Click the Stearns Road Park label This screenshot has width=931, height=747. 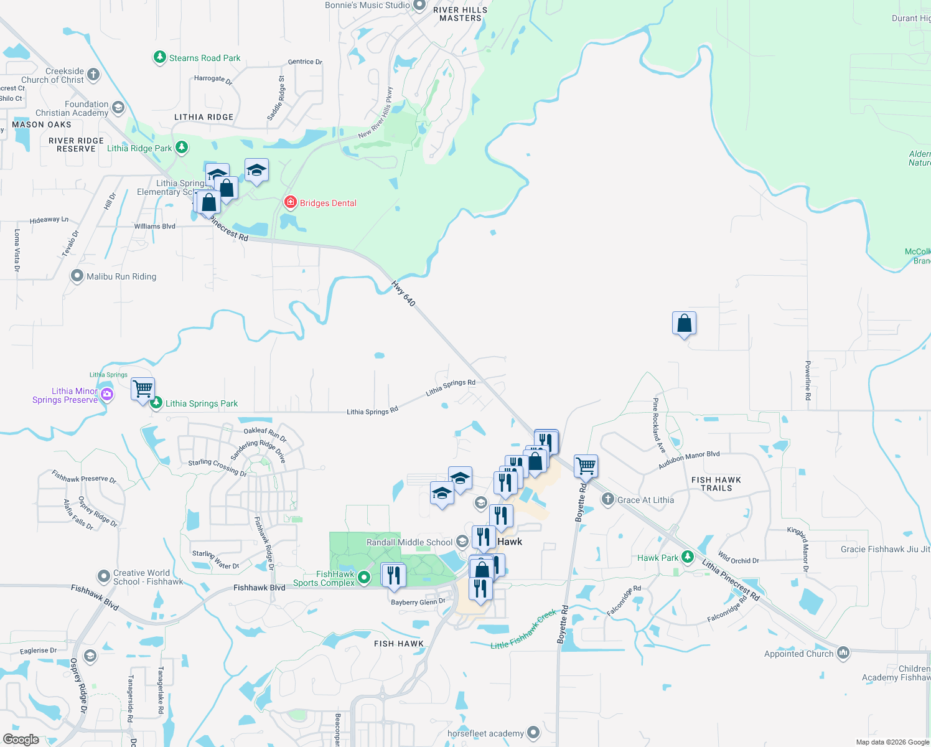tap(204, 58)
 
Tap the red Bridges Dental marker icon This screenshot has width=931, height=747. tap(290, 202)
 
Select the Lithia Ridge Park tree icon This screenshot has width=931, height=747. tap(182, 148)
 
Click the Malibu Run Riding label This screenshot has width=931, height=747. tap(121, 276)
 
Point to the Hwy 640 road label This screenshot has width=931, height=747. tap(403, 293)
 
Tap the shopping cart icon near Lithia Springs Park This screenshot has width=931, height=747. tap(143, 389)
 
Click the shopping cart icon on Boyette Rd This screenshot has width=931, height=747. tap(586, 465)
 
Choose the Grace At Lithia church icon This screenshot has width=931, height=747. tap(608, 499)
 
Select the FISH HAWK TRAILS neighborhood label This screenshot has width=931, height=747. tap(716, 484)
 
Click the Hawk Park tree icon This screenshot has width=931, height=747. tap(688, 557)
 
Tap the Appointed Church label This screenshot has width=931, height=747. tap(798, 654)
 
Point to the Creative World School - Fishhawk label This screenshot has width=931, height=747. tap(148, 577)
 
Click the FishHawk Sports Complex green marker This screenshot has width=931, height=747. tap(365, 578)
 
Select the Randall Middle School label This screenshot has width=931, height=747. tap(409, 542)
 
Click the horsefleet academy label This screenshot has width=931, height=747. tap(485, 733)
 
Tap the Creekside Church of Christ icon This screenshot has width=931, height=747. tap(93, 75)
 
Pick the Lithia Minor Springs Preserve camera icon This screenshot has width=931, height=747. tap(107, 394)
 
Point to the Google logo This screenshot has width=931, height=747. tap(21, 740)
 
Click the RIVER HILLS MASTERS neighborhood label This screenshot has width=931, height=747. tap(461, 14)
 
